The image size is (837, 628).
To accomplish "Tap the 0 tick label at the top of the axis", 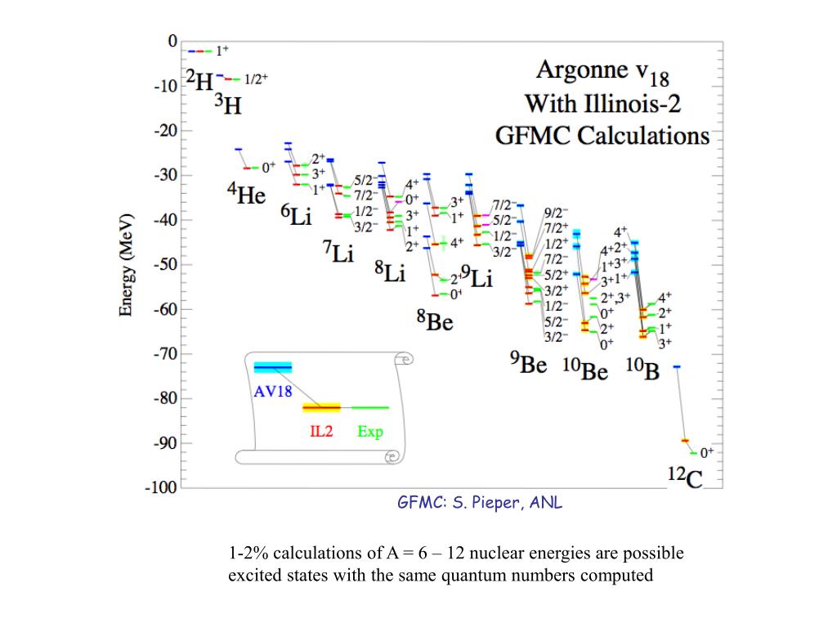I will pos(172,41).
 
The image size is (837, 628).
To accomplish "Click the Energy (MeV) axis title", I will pos(127,265).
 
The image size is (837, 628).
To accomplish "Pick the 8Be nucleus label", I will pos(434,321).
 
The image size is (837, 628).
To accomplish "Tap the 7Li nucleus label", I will pos(338,252).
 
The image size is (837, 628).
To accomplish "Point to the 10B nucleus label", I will pos(642,370).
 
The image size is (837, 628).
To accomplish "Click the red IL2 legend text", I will pos(320,431).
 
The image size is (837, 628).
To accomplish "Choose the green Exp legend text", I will pos(369,431).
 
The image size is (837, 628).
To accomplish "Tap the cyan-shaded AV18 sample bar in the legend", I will pos(272,367).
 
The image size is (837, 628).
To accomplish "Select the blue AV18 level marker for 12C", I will pos(677,366).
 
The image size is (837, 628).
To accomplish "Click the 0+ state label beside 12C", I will pos(706,451).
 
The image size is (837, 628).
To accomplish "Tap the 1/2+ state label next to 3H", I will pos(256,79).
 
